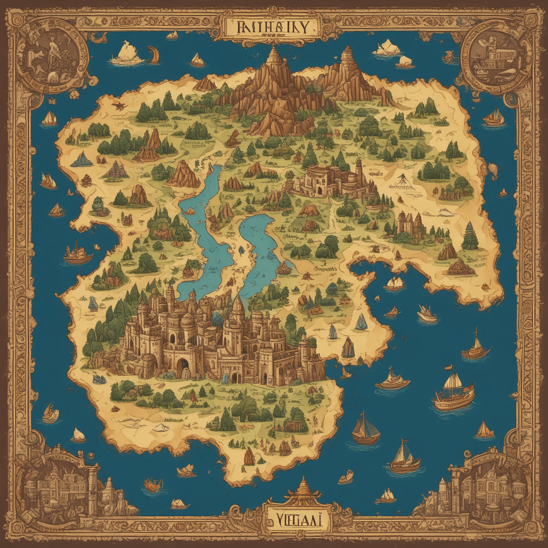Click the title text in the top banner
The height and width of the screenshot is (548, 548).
271,27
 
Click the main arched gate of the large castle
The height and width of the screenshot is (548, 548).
183,367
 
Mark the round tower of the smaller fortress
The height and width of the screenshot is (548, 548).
358,173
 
